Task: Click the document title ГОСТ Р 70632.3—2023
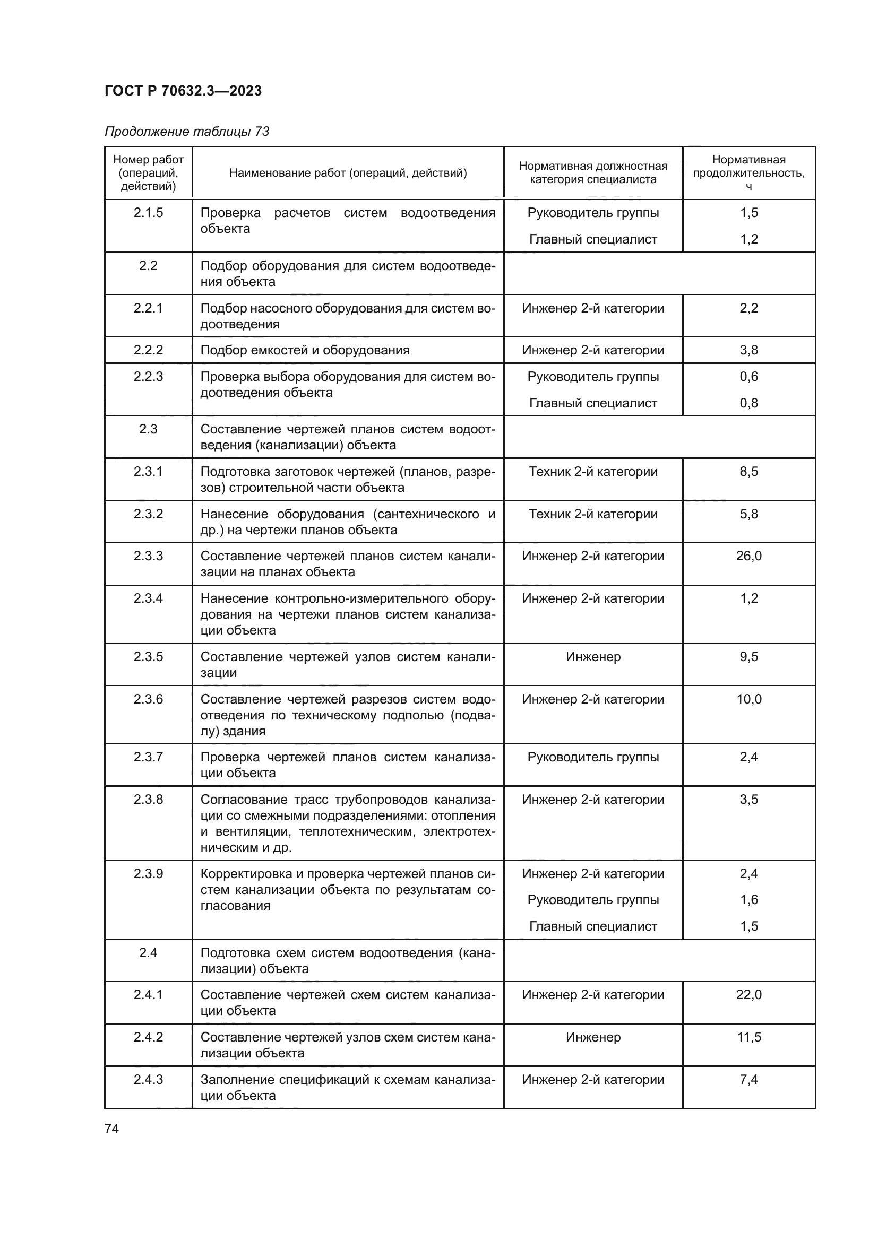[183, 91]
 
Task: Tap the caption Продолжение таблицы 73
[186, 132]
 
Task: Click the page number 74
[111, 1129]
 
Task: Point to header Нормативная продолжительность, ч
[748, 172]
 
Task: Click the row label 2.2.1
[148, 308]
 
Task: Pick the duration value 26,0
[748, 556]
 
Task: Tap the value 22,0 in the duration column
[748, 994]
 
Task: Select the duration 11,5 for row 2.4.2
[748, 1037]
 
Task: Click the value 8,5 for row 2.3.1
[748, 471]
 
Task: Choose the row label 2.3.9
[148, 873]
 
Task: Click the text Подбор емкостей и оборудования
[305, 350]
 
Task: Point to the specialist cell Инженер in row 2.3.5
[593, 657]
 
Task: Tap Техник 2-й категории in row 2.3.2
[593, 514]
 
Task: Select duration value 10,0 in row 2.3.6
[748, 699]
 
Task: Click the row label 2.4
[148, 952]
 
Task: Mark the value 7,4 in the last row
[748, 1079]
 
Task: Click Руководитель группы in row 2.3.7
[593, 757]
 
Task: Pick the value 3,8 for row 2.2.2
[748, 350]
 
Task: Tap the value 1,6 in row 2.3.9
[748, 899]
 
